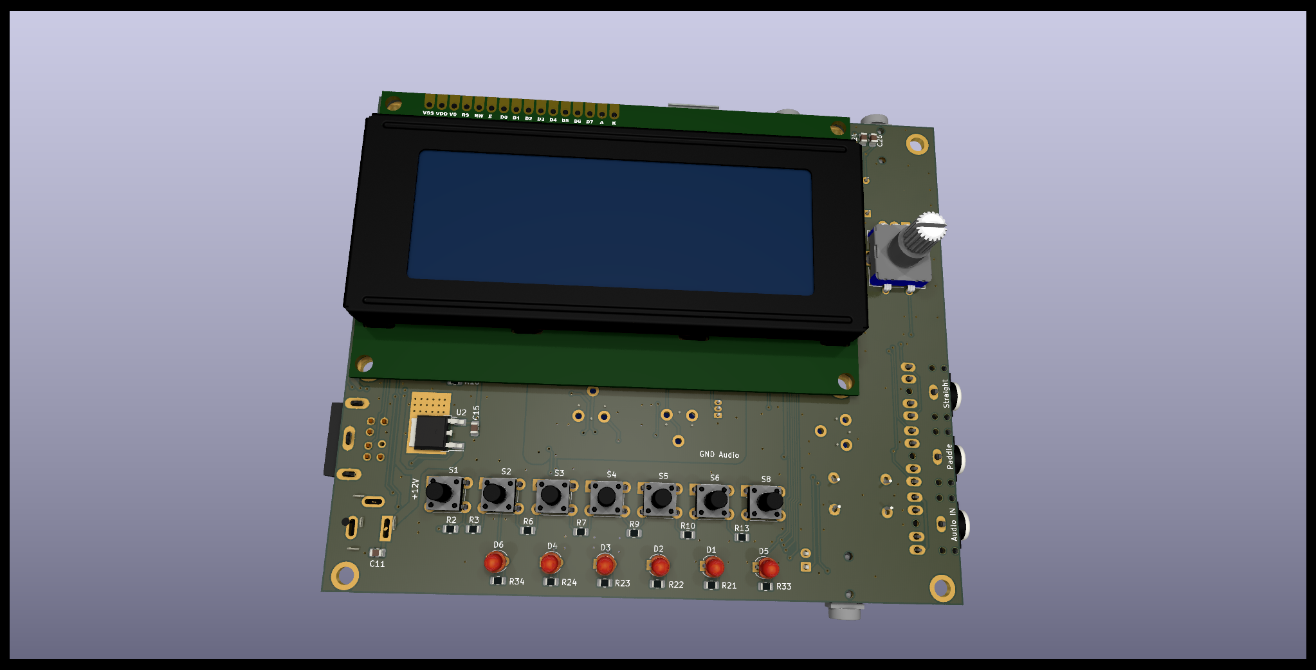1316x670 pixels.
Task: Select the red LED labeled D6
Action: click(x=494, y=563)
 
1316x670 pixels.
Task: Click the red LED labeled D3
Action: click(x=605, y=565)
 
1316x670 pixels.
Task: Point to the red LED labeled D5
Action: click(x=767, y=568)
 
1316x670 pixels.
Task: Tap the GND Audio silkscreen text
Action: click(x=719, y=455)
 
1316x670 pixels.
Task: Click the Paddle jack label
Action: click(x=949, y=456)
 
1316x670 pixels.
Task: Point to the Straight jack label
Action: click(x=946, y=394)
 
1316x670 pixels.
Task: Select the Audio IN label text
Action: click(x=953, y=524)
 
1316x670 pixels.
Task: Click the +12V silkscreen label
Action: click(x=415, y=489)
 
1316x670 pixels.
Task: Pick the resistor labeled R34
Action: click(x=498, y=581)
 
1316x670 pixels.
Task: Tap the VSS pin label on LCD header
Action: click(x=428, y=113)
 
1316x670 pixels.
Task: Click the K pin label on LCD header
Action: click(x=614, y=123)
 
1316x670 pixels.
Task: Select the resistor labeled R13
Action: click(x=742, y=537)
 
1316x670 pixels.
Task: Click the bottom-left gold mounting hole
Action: click(x=345, y=575)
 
